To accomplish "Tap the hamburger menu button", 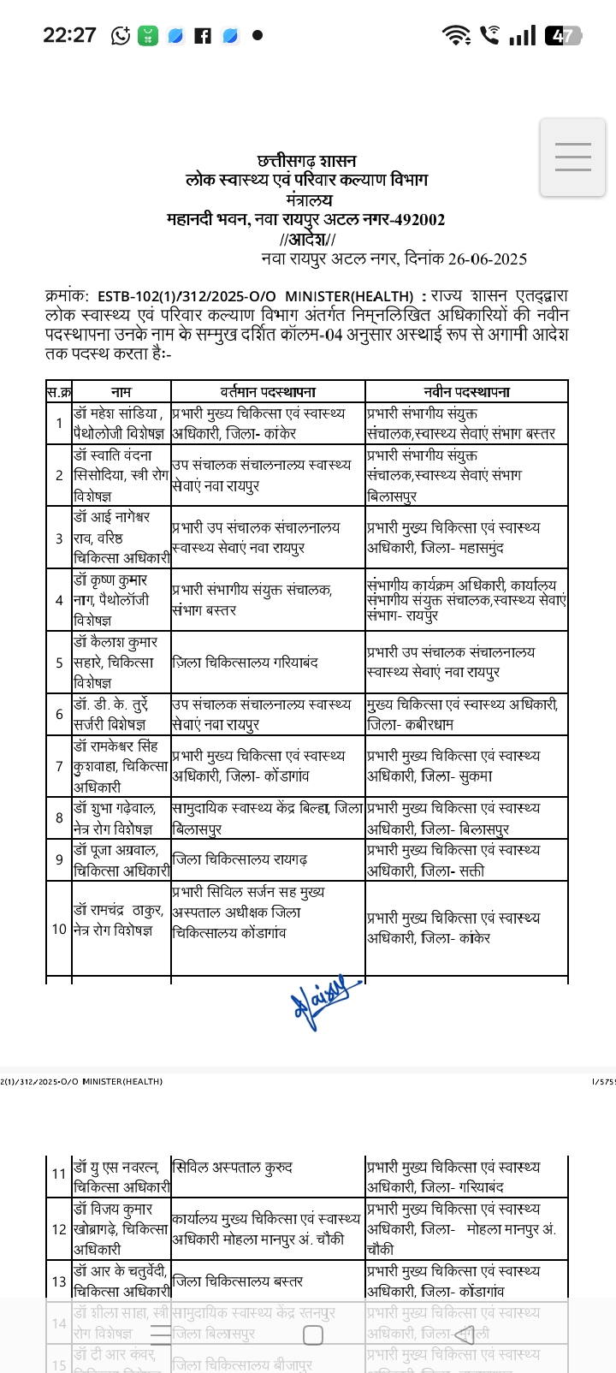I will coord(572,158).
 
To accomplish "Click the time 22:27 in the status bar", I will coord(69,35).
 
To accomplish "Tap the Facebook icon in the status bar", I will coord(203,36).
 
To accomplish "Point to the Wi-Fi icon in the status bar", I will coord(456,35).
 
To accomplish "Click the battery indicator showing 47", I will coord(563,36).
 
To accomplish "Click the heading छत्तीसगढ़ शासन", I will coord(307,161).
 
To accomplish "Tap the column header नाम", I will coord(121,392).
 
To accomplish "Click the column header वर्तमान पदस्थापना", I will coord(268,392).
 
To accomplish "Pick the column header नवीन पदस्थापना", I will coord(466,392).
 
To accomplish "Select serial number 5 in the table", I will coord(59,663).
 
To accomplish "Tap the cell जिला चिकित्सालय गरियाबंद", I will coord(246,663).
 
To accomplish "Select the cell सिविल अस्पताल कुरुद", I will coord(233,1167).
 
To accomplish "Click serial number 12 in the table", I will coord(59,1229).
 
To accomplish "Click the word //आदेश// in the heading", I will coord(307,239).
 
